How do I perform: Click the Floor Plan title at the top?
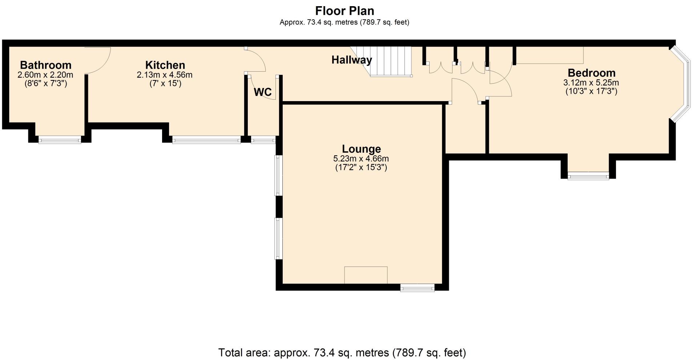tap(344, 11)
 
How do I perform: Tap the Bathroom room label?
tap(45, 65)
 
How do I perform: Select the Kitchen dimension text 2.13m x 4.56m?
tap(164, 75)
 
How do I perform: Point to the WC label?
tap(262, 92)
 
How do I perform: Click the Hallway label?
tap(351, 60)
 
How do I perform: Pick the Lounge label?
tap(361, 149)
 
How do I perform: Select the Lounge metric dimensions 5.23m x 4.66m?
tap(361, 159)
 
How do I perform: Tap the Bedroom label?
tap(591, 73)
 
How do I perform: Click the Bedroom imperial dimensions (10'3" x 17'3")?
tap(591, 91)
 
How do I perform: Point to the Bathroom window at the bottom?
tap(60, 140)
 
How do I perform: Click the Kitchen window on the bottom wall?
tap(206, 140)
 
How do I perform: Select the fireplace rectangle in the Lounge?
tap(366, 275)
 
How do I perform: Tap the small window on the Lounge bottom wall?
tap(417, 288)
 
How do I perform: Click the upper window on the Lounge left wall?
tap(278, 175)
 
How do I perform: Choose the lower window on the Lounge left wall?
tap(278, 238)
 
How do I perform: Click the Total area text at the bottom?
tap(342, 352)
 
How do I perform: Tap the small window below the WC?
tap(263, 140)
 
